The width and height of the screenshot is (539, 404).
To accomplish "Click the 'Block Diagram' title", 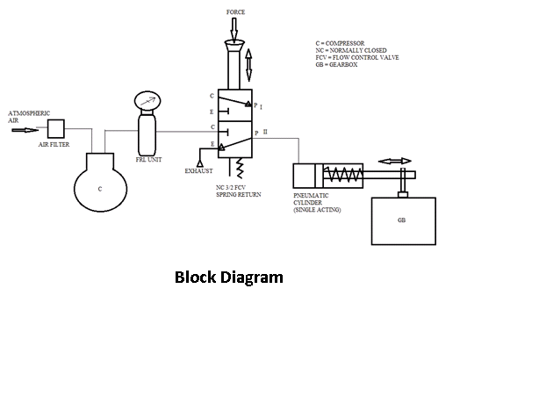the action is point(229,278).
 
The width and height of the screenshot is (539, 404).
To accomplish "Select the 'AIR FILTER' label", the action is point(54,145).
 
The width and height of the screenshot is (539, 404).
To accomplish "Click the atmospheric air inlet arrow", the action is point(25,130).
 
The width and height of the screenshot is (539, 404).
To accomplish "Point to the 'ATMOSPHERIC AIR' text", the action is point(29,117).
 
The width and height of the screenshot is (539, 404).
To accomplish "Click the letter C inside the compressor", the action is point(100,189).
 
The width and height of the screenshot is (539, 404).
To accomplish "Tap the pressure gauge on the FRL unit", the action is point(147,100).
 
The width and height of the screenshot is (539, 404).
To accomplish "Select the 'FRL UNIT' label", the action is point(148,160).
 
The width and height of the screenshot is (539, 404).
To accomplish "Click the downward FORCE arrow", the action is point(234,30).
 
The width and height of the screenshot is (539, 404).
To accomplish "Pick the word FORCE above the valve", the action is point(235,12).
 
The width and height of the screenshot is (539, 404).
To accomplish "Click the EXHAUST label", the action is point(198,171).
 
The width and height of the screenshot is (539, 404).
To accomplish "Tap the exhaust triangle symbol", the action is point(200,163).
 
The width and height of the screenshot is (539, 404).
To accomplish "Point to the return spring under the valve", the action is point(240,169).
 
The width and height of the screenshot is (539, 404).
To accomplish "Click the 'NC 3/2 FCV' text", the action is point(231,188).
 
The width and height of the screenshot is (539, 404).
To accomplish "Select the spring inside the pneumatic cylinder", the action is point(342,175).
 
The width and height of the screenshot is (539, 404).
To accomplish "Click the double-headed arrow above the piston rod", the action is point(395,161).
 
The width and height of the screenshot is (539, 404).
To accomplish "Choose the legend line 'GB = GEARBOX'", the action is point(336,65).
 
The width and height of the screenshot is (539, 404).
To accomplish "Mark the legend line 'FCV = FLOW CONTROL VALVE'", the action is point(357,57).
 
